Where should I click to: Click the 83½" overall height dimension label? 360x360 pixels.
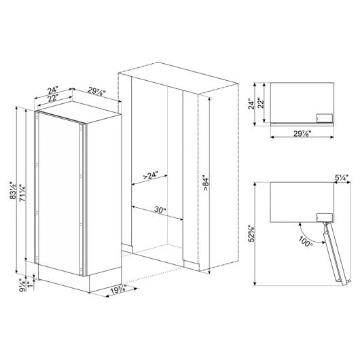(13, 190)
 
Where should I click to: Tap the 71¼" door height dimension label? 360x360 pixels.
(23, 193)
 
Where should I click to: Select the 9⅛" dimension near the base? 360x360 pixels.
(22, 285)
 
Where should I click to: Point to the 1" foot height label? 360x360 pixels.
(29, 284)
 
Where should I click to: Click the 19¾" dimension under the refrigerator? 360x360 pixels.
(118, 290)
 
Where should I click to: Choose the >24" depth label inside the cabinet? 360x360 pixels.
(151, 175)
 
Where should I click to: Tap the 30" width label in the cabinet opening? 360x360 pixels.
(160, 209)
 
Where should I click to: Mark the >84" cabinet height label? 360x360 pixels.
(206, 184)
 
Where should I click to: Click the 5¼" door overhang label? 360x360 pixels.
(342, 177)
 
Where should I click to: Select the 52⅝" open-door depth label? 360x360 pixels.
(252, 233)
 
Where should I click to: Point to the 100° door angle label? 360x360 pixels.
(306, 242)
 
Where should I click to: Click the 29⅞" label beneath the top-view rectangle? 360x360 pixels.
(302, 133)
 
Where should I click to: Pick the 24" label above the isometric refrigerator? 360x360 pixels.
(53, 90)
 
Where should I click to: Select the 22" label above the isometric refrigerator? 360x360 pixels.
(52, 98)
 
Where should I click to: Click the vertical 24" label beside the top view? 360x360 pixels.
(252, 104)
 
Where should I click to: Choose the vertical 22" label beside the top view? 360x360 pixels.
(261, 103)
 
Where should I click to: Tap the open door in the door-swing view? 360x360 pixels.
(336, 254)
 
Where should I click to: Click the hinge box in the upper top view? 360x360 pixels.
(325, 118)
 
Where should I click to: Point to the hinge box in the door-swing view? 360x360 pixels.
(325, 217)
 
